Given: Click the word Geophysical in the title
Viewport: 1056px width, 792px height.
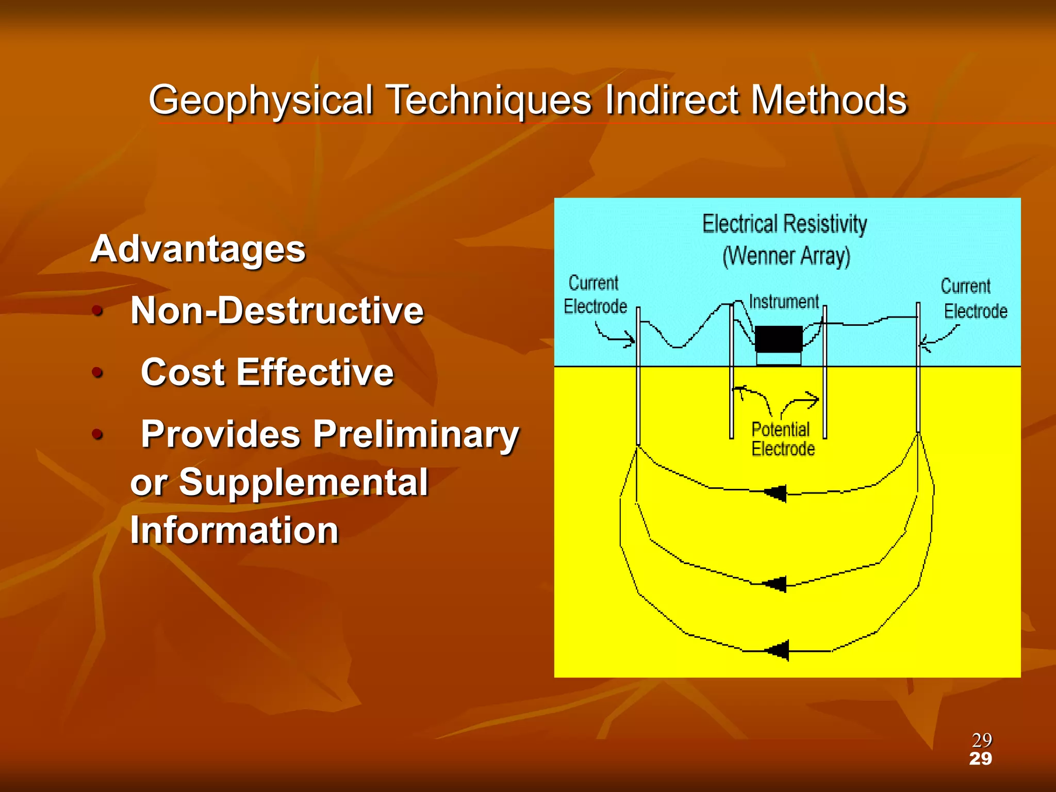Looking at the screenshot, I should (260, 101).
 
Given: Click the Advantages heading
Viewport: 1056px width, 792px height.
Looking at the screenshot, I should (198, 249).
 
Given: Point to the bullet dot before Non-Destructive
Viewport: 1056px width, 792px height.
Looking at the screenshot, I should (97, 311).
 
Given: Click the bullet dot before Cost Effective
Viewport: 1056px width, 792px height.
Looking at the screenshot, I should (97, 372).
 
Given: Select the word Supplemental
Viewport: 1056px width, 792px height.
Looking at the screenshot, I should (304, 483).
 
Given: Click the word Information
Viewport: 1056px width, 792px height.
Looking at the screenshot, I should (235, 531).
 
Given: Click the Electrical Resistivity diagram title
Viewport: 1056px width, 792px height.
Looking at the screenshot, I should (784, 224).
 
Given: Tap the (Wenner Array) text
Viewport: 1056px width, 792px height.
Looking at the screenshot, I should (786, 256).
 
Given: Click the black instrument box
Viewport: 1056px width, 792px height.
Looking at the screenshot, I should (779, 339).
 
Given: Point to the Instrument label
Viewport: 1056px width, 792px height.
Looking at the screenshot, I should (784, 302).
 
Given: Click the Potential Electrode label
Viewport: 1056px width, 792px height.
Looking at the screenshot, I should (783, 439).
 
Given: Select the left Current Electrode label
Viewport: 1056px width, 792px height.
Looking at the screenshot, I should (595, 295).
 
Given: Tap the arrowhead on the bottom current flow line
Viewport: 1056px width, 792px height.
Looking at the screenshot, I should (778, 650).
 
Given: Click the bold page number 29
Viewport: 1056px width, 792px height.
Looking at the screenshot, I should (980, 759).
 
